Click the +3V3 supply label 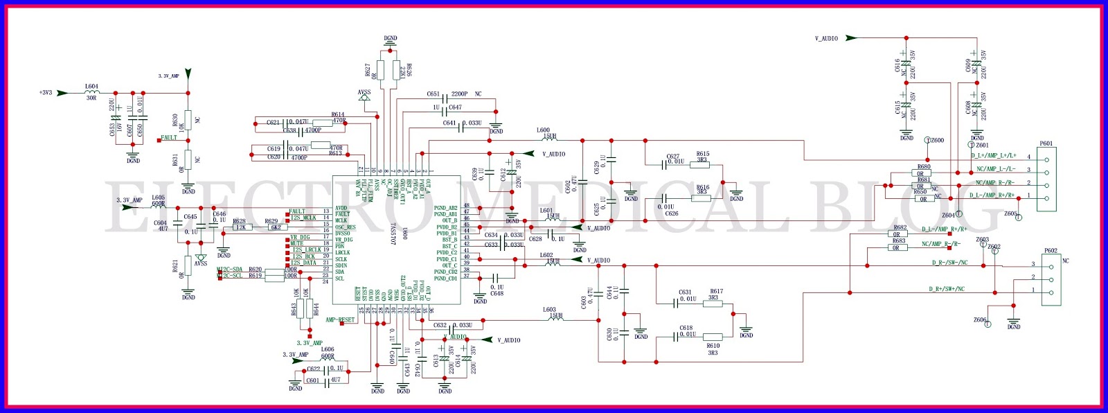point(46,92)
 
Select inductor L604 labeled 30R point(91,92)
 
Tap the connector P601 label point(1046,143)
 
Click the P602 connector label point(1050,251)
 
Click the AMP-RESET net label point(340,320)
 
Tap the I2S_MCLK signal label point(303,218)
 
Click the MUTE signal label point(296,243)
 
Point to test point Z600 point(936,140)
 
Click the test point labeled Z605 point(1011,214)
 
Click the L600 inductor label point(544,130)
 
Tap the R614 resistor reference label point(338,115)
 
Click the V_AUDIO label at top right point(826,39)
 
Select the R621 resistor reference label point(176,267)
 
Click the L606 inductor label point(328,349)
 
